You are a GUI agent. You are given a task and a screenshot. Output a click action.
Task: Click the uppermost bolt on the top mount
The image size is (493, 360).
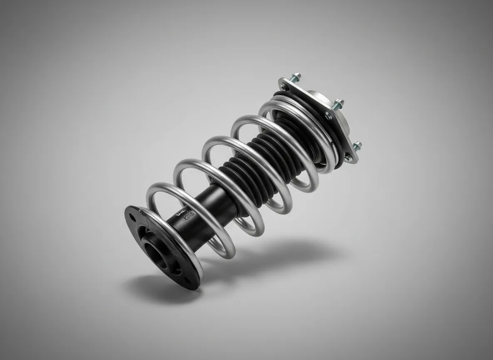pyautogui.click(x=296, y=77)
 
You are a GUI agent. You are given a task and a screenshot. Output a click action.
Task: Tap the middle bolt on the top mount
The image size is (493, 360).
pyautogui.click(x=339, y=102)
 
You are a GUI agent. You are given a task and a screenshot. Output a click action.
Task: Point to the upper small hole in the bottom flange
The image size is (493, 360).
pyautogui.click(x=132, y=217)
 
